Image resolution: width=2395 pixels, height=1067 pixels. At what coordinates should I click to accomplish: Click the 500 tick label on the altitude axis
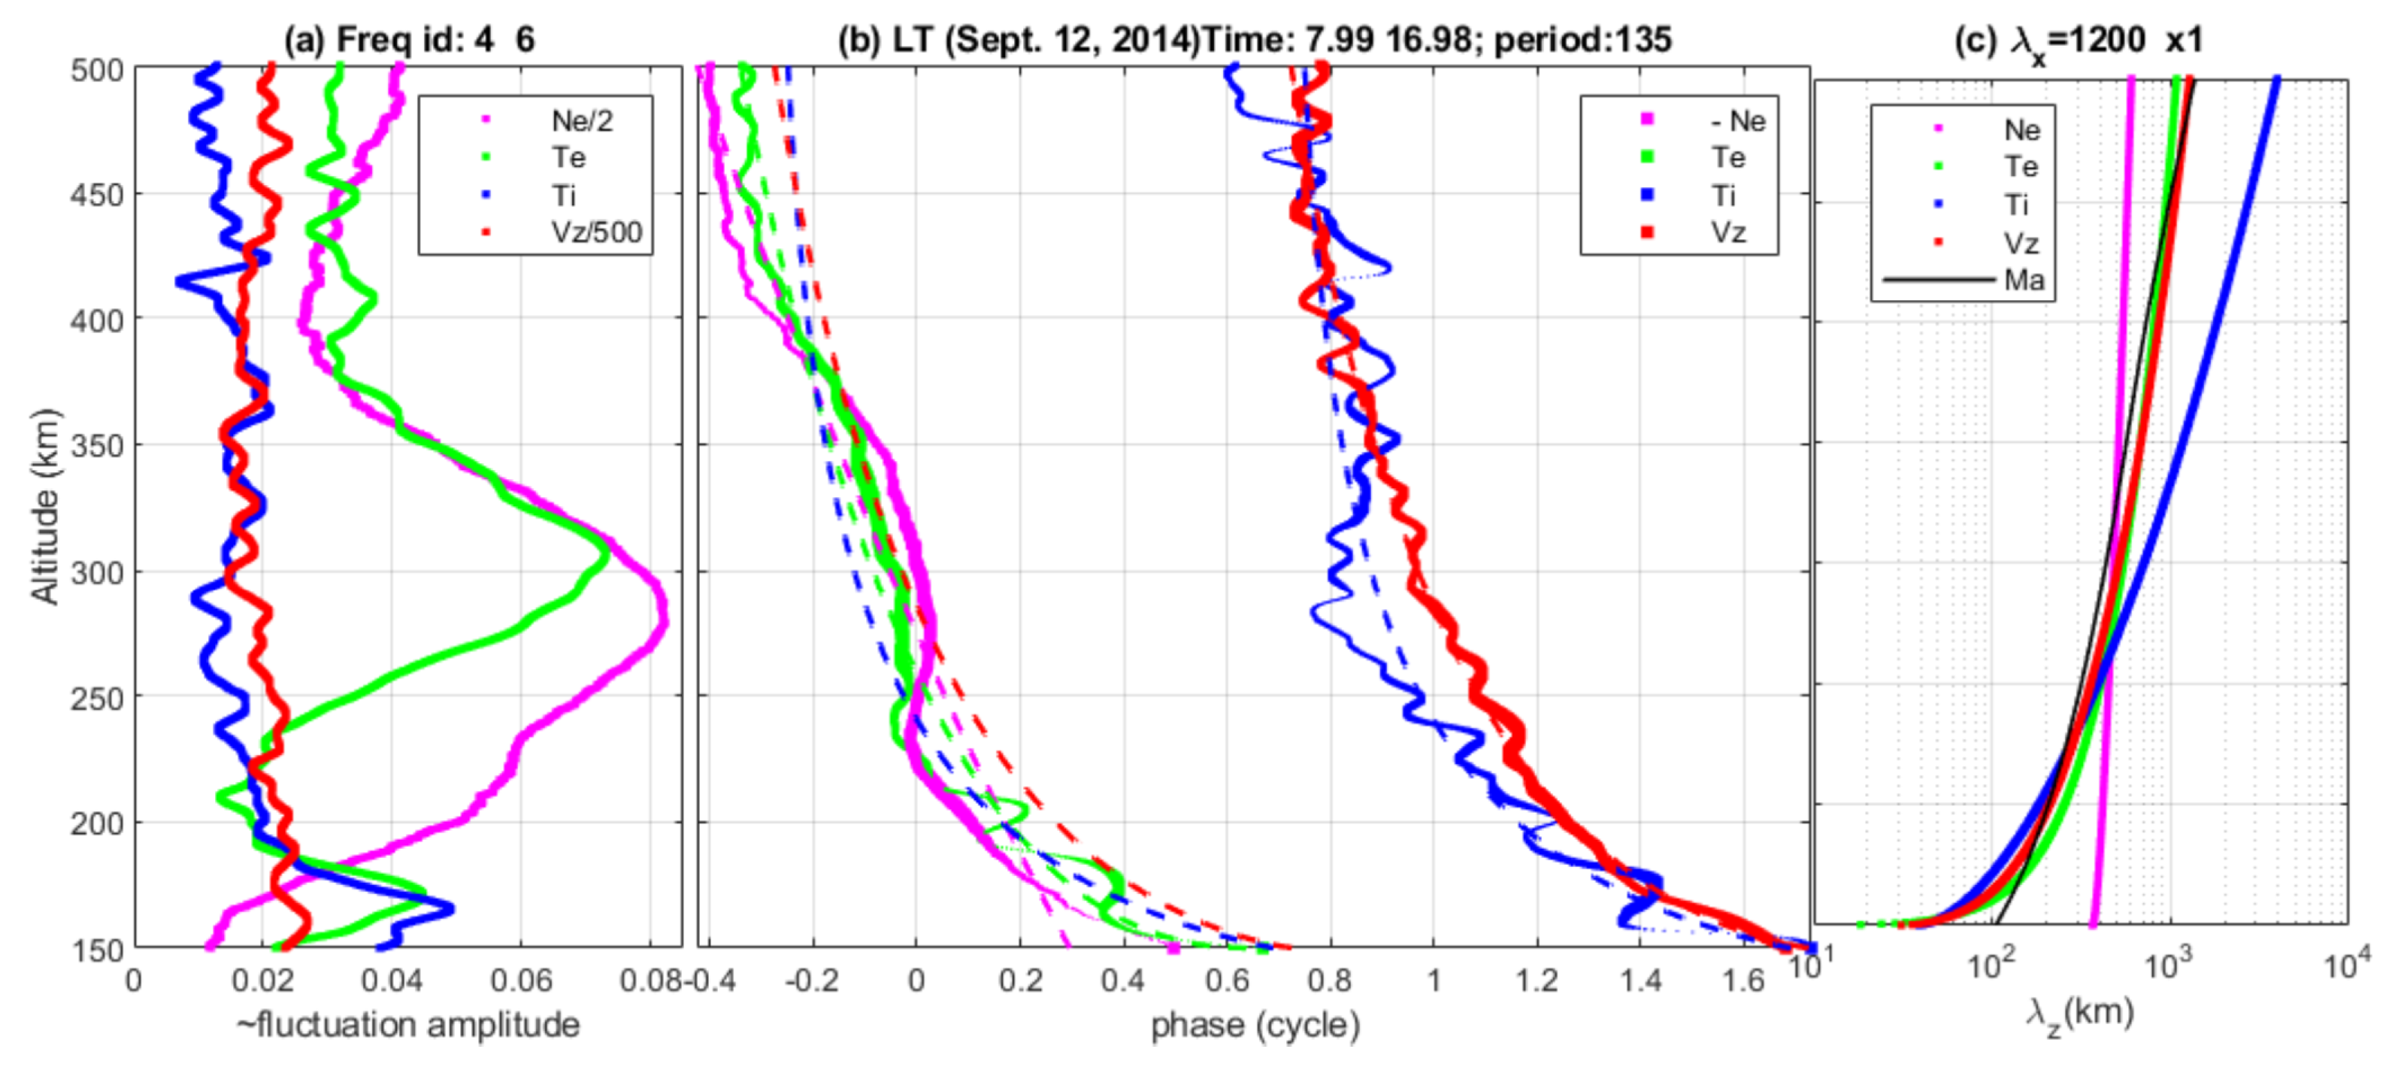(97, 70)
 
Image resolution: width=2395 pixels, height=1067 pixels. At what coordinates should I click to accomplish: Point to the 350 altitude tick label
(97, 446)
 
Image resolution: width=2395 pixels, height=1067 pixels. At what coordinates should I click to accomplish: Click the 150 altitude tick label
(97, 950)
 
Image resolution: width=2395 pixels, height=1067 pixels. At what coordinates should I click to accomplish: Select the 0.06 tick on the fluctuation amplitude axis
(521, 981)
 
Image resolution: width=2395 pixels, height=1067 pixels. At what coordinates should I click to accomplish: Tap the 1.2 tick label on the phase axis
(1536, 981)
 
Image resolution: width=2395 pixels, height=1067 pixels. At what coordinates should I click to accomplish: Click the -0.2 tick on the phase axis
(812, 981)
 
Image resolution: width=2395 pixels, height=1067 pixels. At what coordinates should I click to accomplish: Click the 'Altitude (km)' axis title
(44, 507)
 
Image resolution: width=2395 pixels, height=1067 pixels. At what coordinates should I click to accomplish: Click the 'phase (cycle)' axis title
(1255, 1025)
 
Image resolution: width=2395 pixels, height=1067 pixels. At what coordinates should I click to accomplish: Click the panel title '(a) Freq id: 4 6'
(409, 39)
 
